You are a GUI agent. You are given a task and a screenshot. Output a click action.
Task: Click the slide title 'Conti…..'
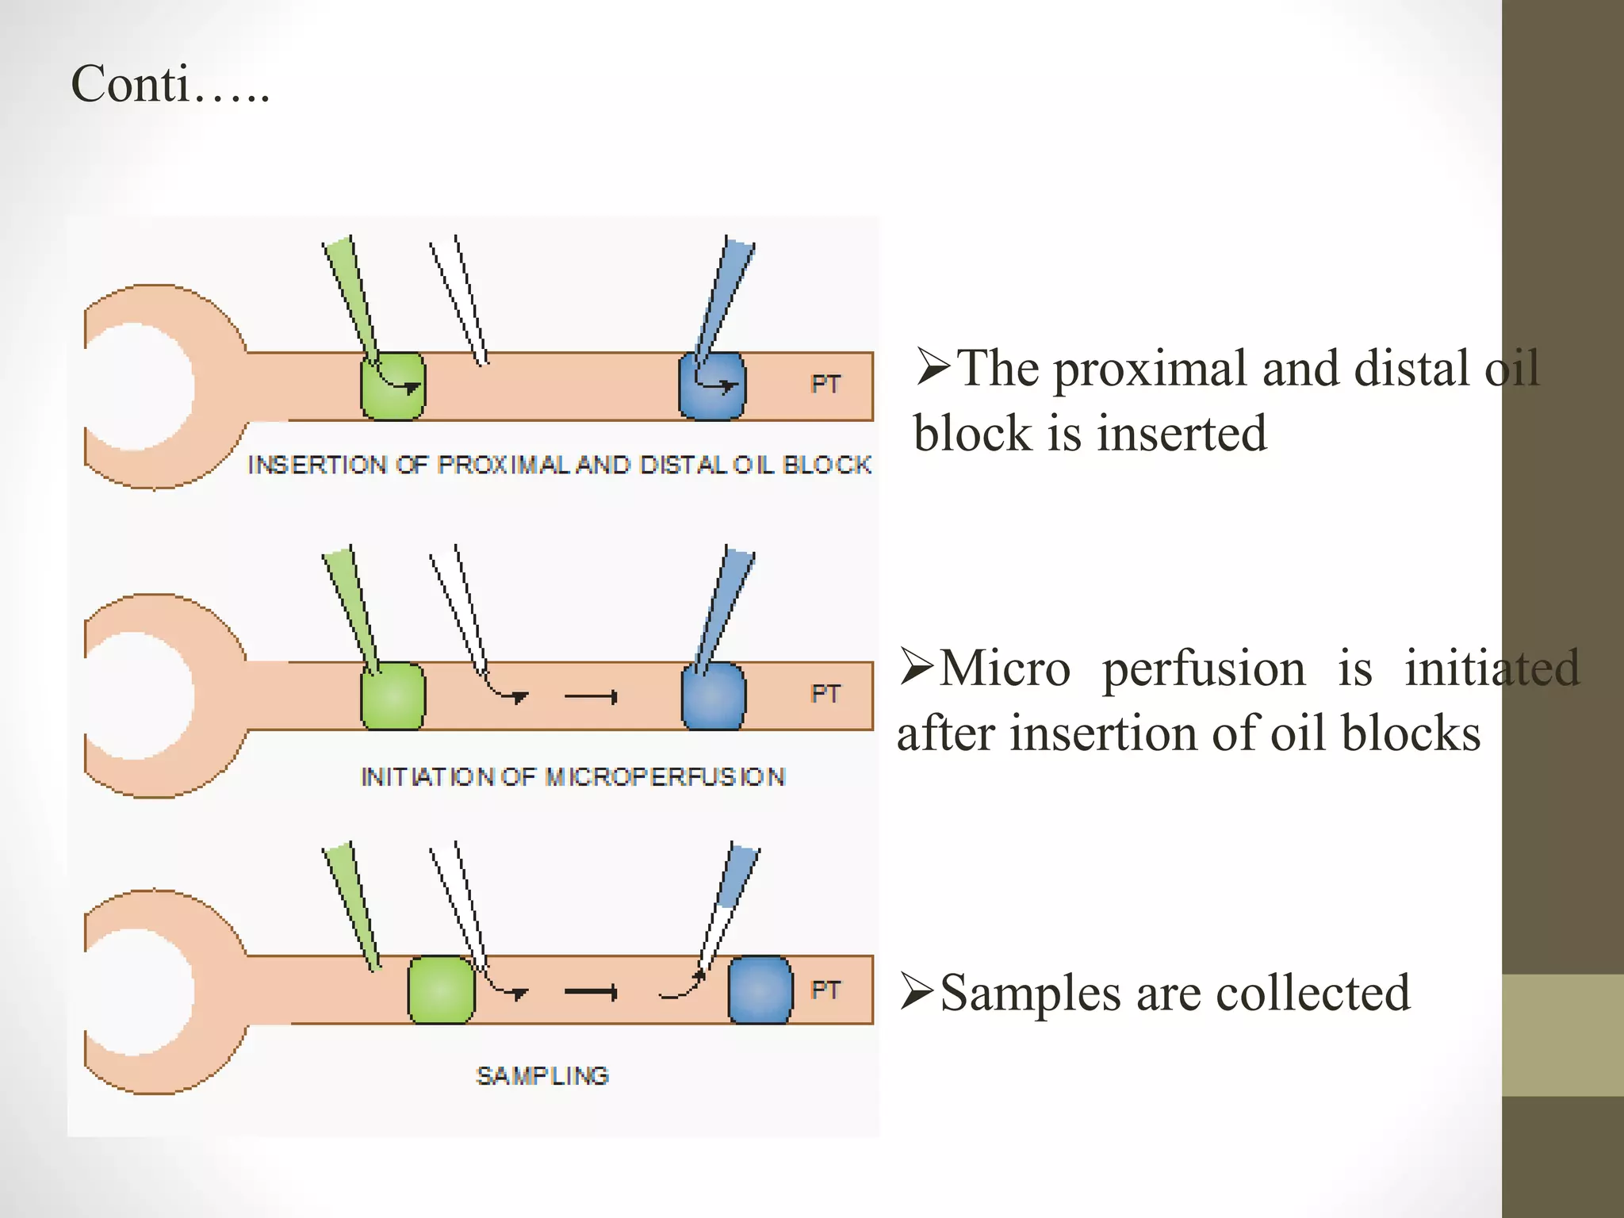(x=170, y=84)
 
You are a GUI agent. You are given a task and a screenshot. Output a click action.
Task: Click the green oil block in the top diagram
(x=393, y=387)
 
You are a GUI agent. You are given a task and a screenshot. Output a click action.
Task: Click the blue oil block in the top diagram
(x=711, y=386)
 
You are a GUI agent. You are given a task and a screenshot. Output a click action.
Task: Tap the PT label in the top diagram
(x=825, y=385)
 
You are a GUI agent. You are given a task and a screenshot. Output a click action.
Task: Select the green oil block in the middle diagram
(x=393, y=696)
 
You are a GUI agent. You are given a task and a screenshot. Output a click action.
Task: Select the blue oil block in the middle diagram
(x=713, y=696)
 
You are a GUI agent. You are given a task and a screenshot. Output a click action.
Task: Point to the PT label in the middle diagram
(x=825, y=694)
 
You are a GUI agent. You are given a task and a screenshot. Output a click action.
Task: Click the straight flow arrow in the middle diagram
(x=591, y=697)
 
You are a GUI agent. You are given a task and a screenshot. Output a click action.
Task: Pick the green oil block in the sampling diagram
(x=441, y=990)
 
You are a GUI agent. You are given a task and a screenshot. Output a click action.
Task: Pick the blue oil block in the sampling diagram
(x=760, y=990)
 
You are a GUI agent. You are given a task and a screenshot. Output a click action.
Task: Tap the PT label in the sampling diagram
(x=825, y=990)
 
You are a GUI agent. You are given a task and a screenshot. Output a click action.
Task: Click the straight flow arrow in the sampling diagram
(x=591, y=992)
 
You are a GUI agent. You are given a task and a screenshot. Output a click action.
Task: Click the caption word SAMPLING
(x=542, y=1076)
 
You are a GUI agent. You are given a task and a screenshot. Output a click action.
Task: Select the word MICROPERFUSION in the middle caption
(x=665, y=776)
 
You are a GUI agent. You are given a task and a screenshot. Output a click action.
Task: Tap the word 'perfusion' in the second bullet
(x=1203, y=668)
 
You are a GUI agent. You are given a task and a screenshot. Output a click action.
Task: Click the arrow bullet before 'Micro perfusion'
(x=917, y=667)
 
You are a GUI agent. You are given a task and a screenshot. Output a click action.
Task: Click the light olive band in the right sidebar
(x=1562, y=1035)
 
